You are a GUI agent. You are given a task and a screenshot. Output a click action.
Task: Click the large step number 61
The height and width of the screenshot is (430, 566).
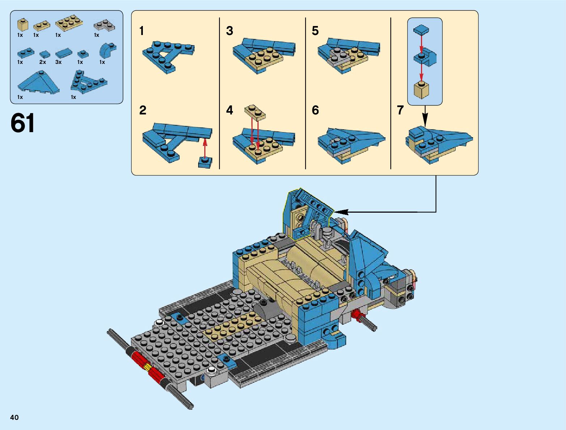point(22,123)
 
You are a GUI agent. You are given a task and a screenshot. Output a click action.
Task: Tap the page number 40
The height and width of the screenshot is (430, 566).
point(14,417)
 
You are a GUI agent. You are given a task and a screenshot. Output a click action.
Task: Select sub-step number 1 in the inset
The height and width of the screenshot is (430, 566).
point(142,31)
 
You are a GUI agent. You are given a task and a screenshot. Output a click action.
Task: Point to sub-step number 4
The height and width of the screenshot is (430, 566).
point(230,110)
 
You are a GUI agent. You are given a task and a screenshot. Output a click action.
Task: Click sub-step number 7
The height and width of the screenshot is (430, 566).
point(400,110)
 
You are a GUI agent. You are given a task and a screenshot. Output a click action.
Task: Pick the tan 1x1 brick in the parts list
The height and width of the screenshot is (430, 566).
point(23,25)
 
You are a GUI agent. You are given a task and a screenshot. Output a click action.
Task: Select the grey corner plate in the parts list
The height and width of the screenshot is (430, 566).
point(104,25)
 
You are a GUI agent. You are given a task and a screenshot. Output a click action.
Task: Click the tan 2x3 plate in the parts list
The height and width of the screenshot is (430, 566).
point(69,23)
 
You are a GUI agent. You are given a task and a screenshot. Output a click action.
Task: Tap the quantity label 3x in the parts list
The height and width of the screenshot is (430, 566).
point(58,62)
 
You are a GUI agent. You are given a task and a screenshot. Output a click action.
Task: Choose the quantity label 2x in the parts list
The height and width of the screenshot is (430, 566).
point(43,62)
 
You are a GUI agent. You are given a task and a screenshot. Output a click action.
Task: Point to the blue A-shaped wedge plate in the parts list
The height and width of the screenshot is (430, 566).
point(88,82)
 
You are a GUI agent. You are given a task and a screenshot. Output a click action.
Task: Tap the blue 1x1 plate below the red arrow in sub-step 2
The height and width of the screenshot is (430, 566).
point(205,162)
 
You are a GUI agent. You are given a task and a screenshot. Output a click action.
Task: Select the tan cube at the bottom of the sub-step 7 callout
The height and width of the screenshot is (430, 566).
point(421,89)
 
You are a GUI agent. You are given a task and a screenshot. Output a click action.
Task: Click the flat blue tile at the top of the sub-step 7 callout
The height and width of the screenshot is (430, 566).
point(421,30)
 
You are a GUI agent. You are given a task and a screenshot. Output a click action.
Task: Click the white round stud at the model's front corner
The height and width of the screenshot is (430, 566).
point(158,323)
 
